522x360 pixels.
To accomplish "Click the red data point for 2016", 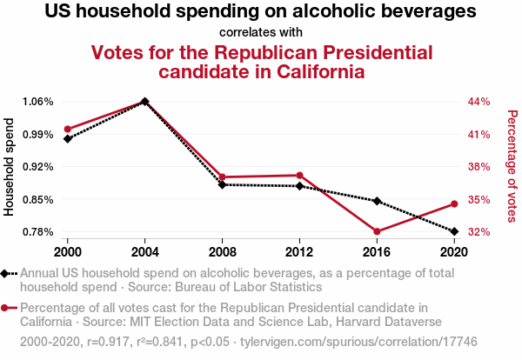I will click(x=377, y=231).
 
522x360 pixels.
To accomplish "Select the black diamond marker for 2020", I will click(x=453, y=231).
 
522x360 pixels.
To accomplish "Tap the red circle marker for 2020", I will click(x=453, y=204).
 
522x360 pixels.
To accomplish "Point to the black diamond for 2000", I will click(x=67, y=138).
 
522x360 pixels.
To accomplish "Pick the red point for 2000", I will click(x=67, y=130).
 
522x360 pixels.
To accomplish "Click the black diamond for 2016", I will click(x=377, y=201).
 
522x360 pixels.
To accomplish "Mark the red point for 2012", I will click(x=299, y=176).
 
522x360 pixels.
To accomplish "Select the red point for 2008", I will click(x=223, y=177).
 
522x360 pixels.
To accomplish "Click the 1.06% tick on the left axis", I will click(x=38, y=102).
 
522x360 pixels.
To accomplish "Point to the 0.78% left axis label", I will click(x=38, y=232).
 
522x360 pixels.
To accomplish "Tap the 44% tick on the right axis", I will click(x=480, y=102).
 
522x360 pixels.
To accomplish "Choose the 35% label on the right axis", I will click(x=480, y=200).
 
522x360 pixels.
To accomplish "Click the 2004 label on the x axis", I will click(x=144, y=251).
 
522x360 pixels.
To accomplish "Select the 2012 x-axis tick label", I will click(x=299, y=251).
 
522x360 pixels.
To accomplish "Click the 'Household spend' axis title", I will click(x=10, y=172).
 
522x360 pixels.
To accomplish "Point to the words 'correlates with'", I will click(x=260, y=32).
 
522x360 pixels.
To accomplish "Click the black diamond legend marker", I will click(x=7, y=273).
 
